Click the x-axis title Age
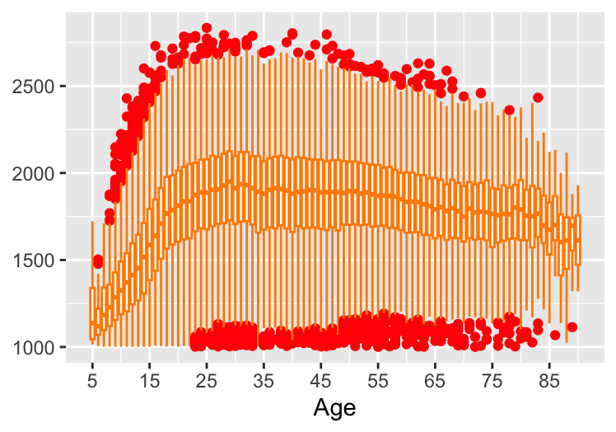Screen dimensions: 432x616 [333, 407]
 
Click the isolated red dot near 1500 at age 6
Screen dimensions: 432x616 [98, 261]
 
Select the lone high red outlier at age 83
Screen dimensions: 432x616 [538, 97]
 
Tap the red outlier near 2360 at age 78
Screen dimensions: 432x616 [509, 110]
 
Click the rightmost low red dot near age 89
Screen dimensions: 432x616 [572, 327]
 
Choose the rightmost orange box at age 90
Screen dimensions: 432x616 [578, 240]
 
